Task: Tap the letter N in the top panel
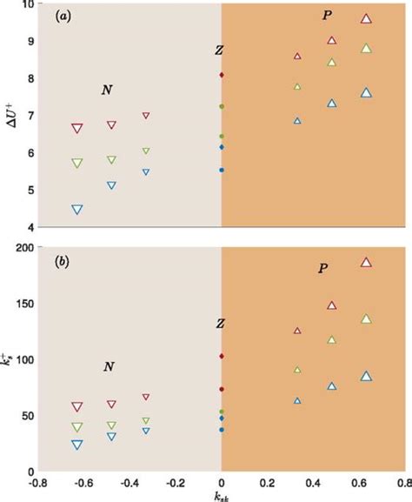pyautogui.click(x=107, y=90)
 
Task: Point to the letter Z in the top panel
pyautogui.click(x=219, y=50)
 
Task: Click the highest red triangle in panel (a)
pyautogui.click(x=366, y=18)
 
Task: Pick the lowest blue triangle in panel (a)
pyautogui.click(x=77, y=209)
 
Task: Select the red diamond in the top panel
pyautogui.click(x=222, y=76)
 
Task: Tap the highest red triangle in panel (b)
pyautogui.click(x=366, y=262)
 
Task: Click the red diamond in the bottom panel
pyautogui.click(x=222, y=357)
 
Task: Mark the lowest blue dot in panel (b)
pyautogui.click(x=222, y=430)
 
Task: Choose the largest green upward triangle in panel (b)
pyautogui.click(x=366, y=319)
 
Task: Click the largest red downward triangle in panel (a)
pyautogui.click(x=77, y=129)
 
